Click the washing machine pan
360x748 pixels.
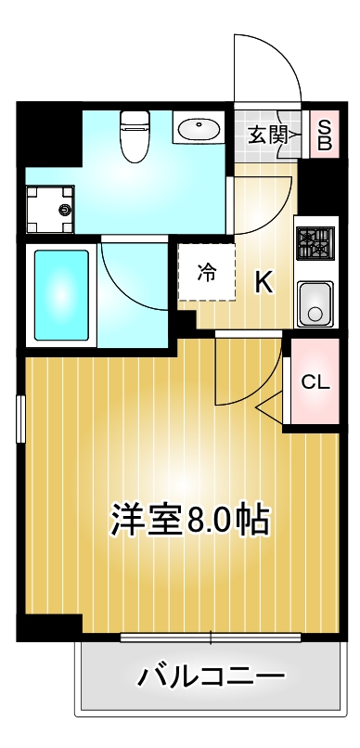(x=50, y=208)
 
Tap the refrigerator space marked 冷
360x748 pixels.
(x=206, y=272)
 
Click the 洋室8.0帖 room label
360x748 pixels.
(x=190, y=520)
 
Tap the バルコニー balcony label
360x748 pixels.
(x=211, y=677)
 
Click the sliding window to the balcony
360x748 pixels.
(x=212, y=638)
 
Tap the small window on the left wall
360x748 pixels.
(x=19, y=419)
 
